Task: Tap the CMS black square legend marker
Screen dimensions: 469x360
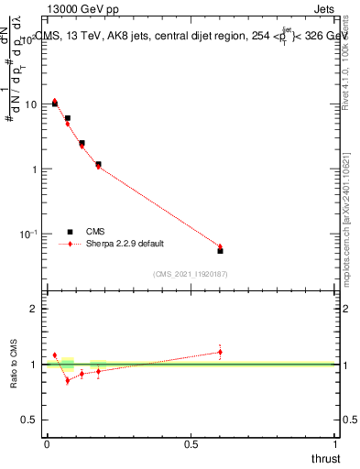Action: [70, 232]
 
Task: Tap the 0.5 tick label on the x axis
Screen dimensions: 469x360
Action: [191, 444]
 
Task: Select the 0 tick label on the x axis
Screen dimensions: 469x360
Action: [47, 444]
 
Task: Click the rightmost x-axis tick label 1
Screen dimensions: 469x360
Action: [336, 444]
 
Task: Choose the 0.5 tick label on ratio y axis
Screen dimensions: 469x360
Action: [29, 420]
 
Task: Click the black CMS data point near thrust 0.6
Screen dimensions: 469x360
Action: [220, 250]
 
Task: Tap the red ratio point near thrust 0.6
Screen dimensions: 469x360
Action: [220, 352]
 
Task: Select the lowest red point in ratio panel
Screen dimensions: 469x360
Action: [67, 380]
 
